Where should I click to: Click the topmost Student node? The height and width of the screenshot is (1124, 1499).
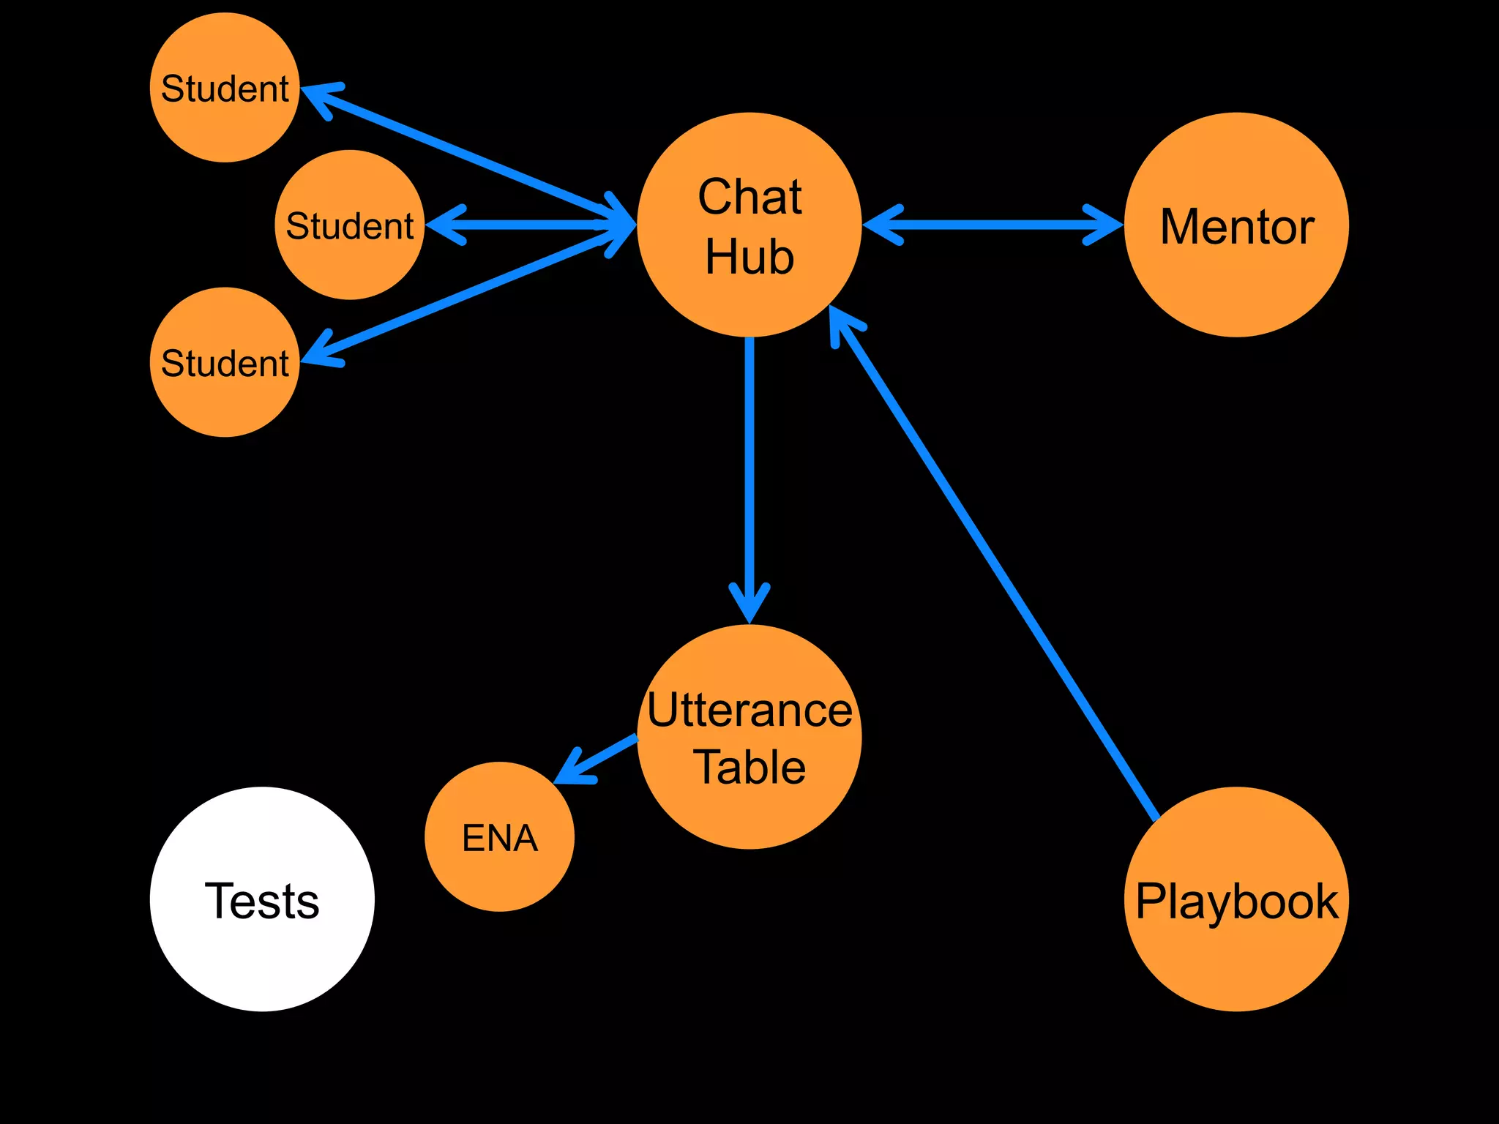pos(225,88)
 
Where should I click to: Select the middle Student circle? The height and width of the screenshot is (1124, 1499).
pos(350,225)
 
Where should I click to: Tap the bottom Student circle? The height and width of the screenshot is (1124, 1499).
pos(225,362)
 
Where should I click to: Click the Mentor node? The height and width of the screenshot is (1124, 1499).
pos(1236,225)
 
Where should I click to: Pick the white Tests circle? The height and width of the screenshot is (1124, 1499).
pos(262,899)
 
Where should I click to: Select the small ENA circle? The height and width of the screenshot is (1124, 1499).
pos(499,836)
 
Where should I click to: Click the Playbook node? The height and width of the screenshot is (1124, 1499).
pos(1236,899)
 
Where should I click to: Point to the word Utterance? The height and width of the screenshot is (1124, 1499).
pos(749,710)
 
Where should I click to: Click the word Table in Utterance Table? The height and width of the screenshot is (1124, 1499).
pos(749,767)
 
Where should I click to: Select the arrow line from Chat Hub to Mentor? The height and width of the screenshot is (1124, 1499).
pos(993,225)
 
